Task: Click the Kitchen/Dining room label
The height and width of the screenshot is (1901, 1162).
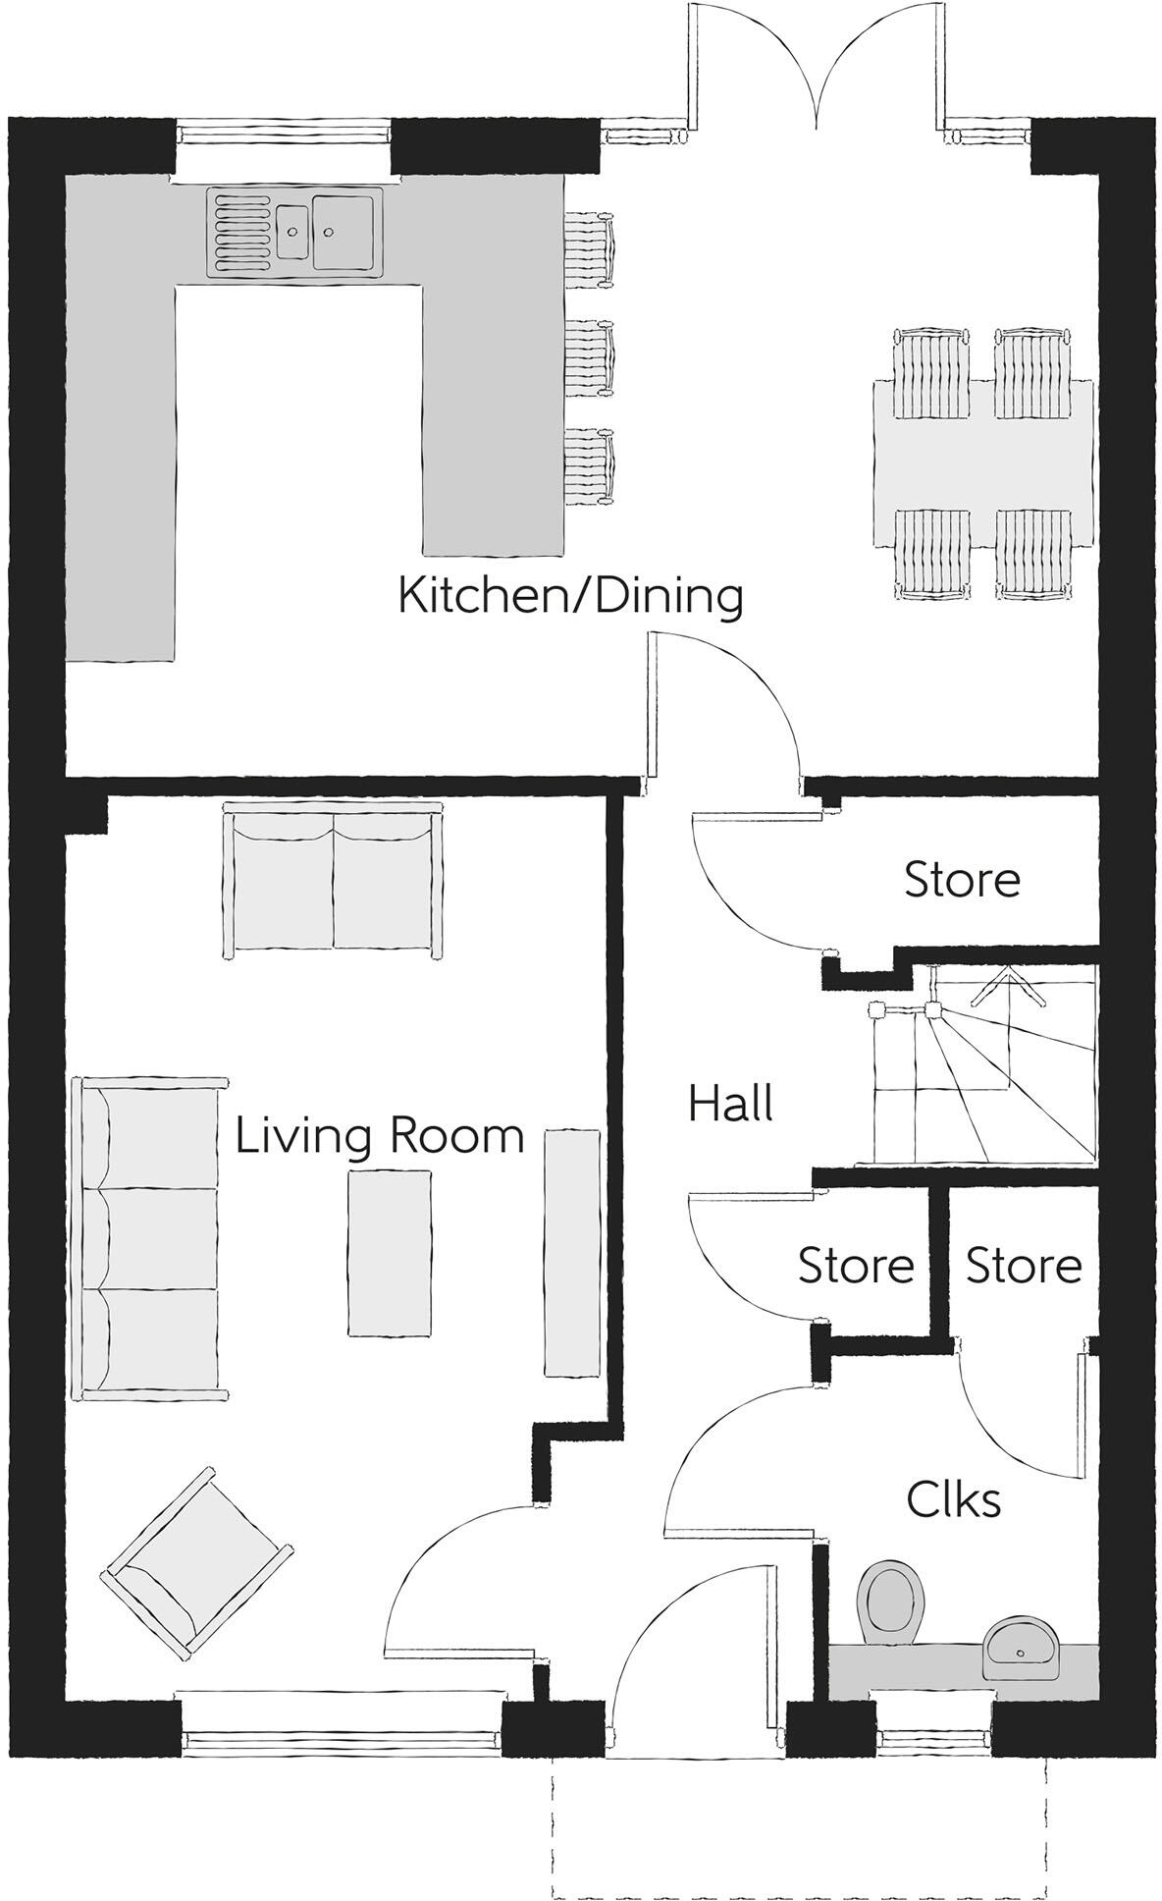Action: pos(570,597)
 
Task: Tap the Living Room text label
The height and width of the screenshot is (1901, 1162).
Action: pos(380,1136)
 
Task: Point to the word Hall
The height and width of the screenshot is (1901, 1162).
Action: pos(730,1103)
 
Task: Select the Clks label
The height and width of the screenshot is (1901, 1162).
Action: pos(954,1499)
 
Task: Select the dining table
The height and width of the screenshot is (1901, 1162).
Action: pos(983,463)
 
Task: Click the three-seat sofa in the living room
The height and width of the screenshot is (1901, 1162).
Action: pos(149,1238)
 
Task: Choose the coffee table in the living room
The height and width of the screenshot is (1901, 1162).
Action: pos(389,1252)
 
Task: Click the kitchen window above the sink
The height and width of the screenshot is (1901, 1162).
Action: pos(284,132)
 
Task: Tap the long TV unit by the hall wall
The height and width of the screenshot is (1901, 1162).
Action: pos(572,1252)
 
